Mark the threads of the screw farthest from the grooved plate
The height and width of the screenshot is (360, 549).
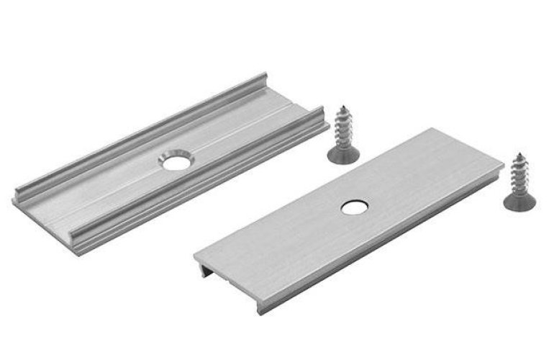[520, 174]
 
